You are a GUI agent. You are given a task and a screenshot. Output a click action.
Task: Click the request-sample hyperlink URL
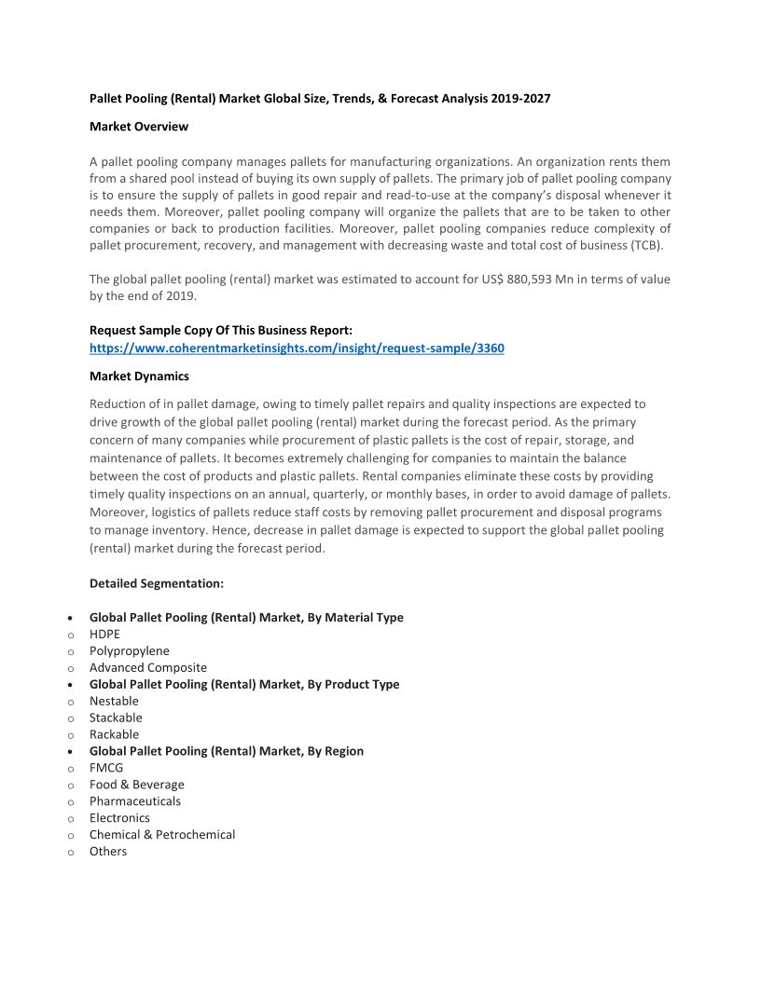(x=297, y=348)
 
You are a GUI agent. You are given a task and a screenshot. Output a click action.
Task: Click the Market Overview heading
(x=139, y=126)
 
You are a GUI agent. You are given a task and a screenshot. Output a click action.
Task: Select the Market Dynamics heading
(x=139, y=376)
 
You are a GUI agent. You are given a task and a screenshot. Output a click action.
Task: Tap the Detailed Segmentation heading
(x=157, y=583)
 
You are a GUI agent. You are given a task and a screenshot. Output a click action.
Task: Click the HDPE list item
(x=104, y=634)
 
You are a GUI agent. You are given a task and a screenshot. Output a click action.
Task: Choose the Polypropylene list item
(x=130, y=650)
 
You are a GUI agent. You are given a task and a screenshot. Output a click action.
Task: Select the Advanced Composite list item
(x=148, y=667)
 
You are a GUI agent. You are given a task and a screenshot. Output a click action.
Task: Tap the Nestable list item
(x=114, y=701)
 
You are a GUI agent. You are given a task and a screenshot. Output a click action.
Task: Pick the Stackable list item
(x=116, y=717)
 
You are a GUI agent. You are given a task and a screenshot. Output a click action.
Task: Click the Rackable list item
(x=114, y=734)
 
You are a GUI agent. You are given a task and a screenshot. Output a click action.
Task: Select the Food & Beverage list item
(x=137, y=785)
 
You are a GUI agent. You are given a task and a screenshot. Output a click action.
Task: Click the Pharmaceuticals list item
(x=135, y=801)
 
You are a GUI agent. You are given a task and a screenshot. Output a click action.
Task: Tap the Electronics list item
(x=119, y=818)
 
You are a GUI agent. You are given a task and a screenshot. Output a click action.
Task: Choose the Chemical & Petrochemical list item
(x=162, y=835)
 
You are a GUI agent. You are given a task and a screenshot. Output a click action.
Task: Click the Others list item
(x=108, y=852)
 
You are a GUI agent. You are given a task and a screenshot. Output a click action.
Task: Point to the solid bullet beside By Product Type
(x=72, y=685)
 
